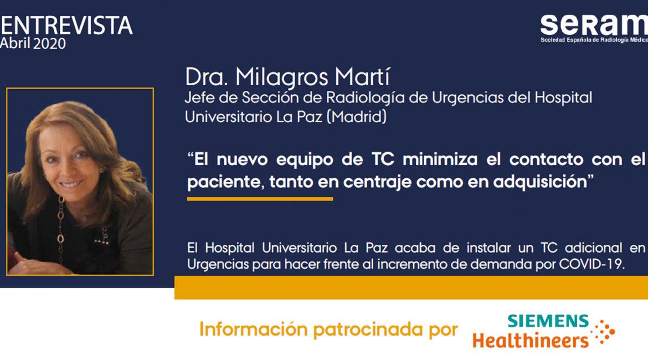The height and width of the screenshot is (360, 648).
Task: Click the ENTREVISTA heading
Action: [66, 25]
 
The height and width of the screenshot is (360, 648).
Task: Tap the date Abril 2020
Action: [33, 43]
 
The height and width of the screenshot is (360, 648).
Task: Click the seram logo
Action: [594, 28]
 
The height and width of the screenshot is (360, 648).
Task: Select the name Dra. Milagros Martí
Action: [287, 77]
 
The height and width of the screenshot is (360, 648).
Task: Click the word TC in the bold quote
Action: [383, 159]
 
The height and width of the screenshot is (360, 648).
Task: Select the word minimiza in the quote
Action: [440, 159]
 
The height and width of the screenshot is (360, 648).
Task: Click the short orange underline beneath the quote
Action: [260, 199]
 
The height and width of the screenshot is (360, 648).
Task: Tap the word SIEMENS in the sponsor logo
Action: [548, 321]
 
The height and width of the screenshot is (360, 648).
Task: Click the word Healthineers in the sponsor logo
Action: [530, 341]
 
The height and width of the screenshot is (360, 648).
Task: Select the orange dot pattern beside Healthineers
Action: [603, 332]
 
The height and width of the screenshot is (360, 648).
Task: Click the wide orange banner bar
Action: [411, 287]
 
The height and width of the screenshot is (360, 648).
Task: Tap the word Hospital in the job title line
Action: [563, 97]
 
